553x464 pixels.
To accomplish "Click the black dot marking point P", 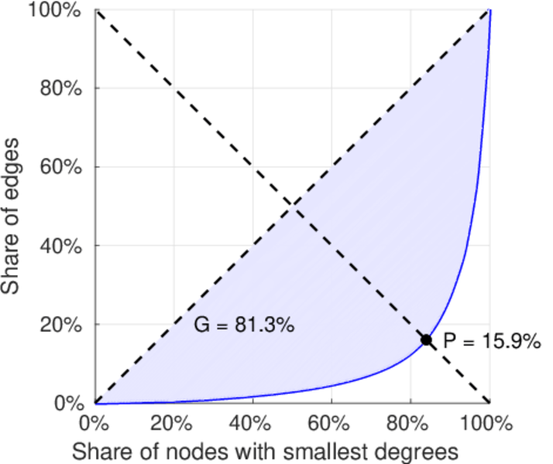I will [x=426, y=339].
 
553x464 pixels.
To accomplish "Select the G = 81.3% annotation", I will [x=243, y=326].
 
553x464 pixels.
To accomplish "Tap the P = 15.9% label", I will [x=491, y=341].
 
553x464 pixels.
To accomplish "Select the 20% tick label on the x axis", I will [x=173, y=424].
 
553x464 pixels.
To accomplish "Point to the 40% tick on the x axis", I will [x=252, y=424].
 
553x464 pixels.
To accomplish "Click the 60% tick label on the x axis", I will [x=331, y=424].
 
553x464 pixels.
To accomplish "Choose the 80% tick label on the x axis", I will [x=410, y=424].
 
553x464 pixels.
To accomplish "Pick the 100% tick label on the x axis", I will [x=488, y=424].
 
